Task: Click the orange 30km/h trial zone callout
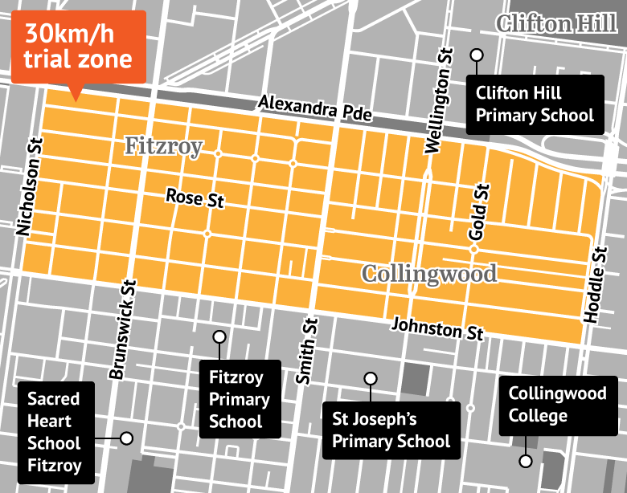point(78,47)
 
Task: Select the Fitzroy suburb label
point(162,145)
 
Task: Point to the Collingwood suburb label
point(429,273)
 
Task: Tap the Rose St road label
point(195,198)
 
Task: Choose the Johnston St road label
point(438,328)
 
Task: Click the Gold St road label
point(479,211)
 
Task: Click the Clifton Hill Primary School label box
point(535,105)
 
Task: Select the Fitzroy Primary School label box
point(240,399)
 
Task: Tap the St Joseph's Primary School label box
point(391,430)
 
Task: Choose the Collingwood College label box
point(550,405)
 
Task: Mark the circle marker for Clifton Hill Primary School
point(477,55)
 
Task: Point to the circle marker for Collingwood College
point(525,461)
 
